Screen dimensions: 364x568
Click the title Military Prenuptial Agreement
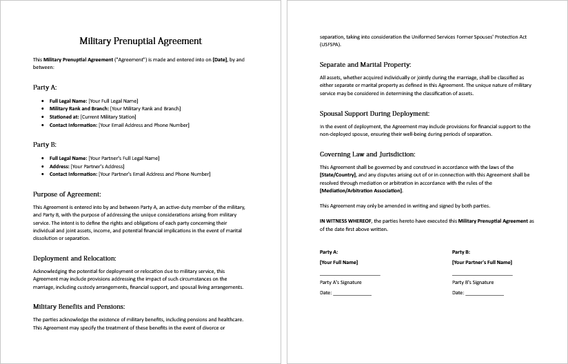coord(141,41)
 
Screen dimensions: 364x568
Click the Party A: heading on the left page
coord(45,88)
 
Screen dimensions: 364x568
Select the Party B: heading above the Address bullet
coord(45,145)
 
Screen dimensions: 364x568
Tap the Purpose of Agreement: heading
coord(67,194)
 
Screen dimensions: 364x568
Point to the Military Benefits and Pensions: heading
coord(79,306)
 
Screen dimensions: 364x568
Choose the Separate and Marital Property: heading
coord(365,64)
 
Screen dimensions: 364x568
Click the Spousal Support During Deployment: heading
coord(374,113)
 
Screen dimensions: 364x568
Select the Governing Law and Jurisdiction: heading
coord(367,154)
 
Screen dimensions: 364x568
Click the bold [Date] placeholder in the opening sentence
coord(220,60)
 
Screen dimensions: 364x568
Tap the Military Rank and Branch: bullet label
coord(79,109)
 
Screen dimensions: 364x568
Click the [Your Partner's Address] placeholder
coord(97,166)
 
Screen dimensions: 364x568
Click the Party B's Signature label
coord(473,282)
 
